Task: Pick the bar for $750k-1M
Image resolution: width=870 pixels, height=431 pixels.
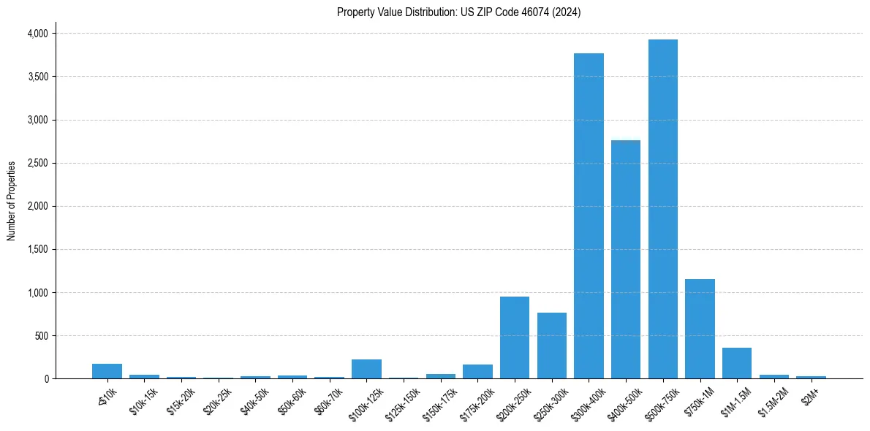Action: point(700,329)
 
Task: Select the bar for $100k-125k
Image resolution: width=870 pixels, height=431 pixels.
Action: point(366,369)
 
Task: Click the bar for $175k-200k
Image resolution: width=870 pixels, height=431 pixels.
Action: point(477,371)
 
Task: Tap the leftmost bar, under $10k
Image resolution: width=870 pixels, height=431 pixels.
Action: point(107,371)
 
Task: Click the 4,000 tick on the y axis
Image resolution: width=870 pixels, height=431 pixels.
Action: point(37,34)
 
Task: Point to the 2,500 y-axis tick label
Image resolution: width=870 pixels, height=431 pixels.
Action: point(37,163)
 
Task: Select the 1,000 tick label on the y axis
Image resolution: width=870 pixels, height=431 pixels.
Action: point(37,293)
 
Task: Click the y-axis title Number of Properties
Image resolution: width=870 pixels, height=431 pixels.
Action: point(12,201)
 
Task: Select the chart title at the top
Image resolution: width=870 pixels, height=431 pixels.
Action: point(458,12)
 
